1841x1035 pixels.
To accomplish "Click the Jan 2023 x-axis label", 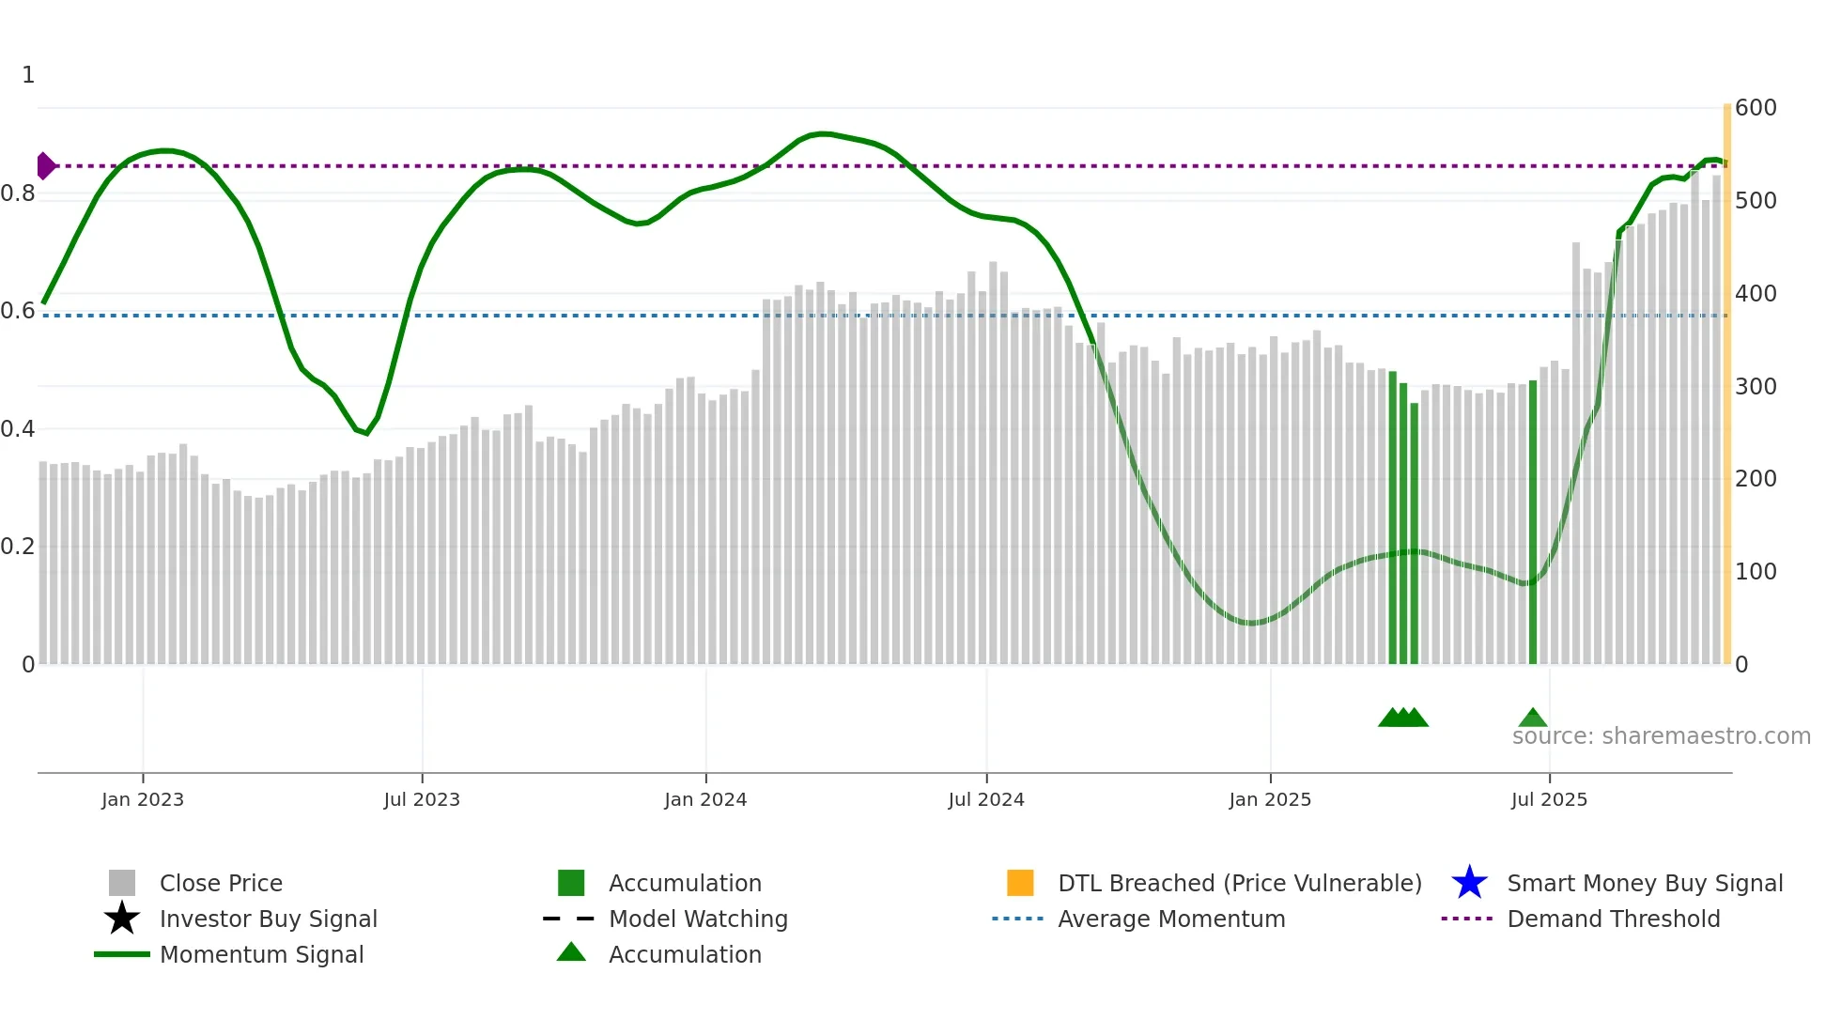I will click(x=143, y=800).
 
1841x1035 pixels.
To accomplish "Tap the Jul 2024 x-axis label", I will click(x=986, y=800).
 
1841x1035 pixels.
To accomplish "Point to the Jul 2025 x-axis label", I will click(x=1549, y=800).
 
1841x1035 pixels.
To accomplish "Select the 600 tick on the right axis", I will click(x=1756, y=108).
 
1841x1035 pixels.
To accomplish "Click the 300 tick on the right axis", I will click(x=1756, y=387).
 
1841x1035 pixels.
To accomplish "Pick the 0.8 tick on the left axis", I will click(x=18, y=194).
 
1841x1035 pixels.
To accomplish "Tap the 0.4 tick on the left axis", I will click(x=18, y=430).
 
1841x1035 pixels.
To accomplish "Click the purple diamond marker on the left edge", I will click(x=45, y=166).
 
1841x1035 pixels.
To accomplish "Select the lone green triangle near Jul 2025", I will click(x=1533, y=718).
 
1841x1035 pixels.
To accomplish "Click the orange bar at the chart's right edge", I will click(x=1726, y=376).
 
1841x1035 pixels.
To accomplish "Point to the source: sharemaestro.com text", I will click(x=1661, y=736).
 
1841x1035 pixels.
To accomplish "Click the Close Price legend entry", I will click(x=221, y=884).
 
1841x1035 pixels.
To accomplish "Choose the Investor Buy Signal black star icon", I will click(x=122, y=919).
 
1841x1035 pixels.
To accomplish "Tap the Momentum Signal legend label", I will click(x=261, y=955).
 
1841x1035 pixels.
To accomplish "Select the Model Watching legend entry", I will click(x=698, y=919).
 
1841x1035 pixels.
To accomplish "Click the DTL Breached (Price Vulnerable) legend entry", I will click(x=1239, y=884).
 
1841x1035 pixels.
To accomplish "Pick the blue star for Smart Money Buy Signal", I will click(x=1469, y=883).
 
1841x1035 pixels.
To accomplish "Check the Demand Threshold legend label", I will click(x=1613, y=919).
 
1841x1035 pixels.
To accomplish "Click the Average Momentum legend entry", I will click(x=1171, y=919).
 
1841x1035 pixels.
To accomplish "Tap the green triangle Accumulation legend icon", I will click(x=571, y=953).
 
